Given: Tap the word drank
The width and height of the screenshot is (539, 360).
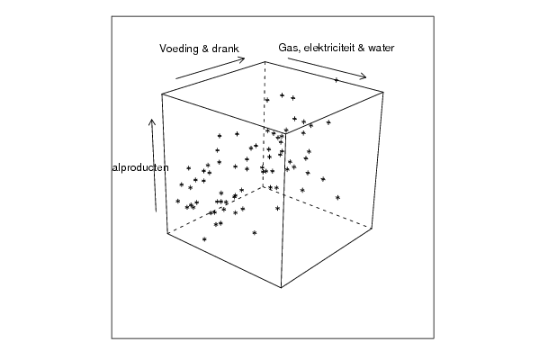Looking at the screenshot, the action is (225, 48).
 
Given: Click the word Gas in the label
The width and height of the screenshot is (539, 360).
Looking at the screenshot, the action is (286, 48).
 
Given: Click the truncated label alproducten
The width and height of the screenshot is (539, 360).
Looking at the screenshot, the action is (140, 167).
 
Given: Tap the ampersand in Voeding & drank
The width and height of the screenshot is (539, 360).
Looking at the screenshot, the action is (205, 48).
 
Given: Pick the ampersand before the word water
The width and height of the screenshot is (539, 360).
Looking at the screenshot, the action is (361, 48).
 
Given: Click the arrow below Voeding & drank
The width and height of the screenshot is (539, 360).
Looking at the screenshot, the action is (210, 68).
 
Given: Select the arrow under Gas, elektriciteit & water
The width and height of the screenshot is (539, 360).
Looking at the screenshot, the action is (327, 68).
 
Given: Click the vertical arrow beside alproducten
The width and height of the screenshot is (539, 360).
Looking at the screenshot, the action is (154, 166).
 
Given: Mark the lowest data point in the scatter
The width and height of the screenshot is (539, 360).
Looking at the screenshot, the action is (204, 239).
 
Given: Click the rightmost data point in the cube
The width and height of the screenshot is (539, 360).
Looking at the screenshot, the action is (338, 197).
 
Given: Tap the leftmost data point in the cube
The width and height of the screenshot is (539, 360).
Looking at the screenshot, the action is (178, 201).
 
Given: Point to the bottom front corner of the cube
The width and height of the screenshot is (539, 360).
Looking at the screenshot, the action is (281, 287).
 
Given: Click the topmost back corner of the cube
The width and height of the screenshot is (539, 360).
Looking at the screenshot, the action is (265, 61).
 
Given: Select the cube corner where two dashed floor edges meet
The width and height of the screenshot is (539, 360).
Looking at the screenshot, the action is (264, 186).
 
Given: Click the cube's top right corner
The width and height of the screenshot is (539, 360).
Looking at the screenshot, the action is (383, 92).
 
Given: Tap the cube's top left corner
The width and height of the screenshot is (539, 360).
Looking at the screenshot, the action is (162, 94).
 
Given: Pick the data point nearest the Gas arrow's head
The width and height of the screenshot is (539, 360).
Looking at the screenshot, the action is (337, 80).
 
